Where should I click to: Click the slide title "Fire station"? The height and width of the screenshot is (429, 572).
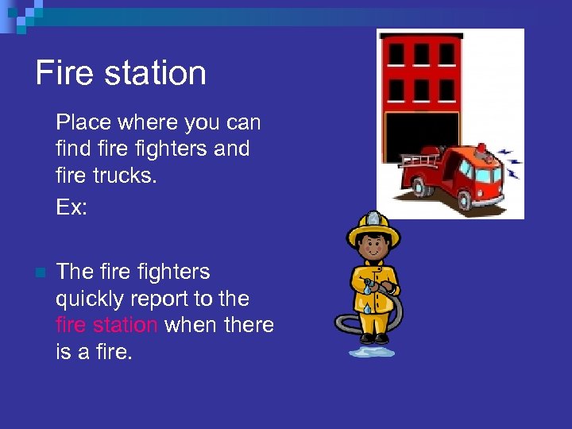(x=121, y=73)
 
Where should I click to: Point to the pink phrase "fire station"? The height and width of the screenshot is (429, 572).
(x=106, y=325)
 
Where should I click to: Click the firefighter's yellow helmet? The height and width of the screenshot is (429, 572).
(x=373, y=226)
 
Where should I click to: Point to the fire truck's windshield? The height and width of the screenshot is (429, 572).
(x=485, y=173)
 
